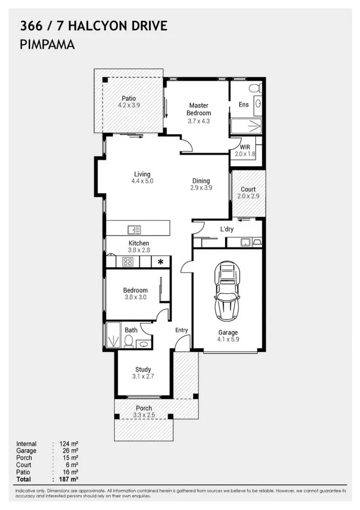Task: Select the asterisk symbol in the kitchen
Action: (161, 262)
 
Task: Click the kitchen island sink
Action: (134, 229)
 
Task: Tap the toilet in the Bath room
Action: (128, 341)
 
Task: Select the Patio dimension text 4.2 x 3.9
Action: (129, 106)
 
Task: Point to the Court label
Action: (248, 189)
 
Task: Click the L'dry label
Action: (227, 229)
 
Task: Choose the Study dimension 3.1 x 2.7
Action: (143, 377)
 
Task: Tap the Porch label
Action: (144, 408)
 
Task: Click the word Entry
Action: (181, 330)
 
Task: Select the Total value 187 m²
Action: (68, 479)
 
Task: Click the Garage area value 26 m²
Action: (68, 451)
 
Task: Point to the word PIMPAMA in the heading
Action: (48, 45)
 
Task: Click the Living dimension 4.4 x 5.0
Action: (142, 181)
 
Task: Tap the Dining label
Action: (201, 181)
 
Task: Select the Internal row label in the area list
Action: (26, 444)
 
